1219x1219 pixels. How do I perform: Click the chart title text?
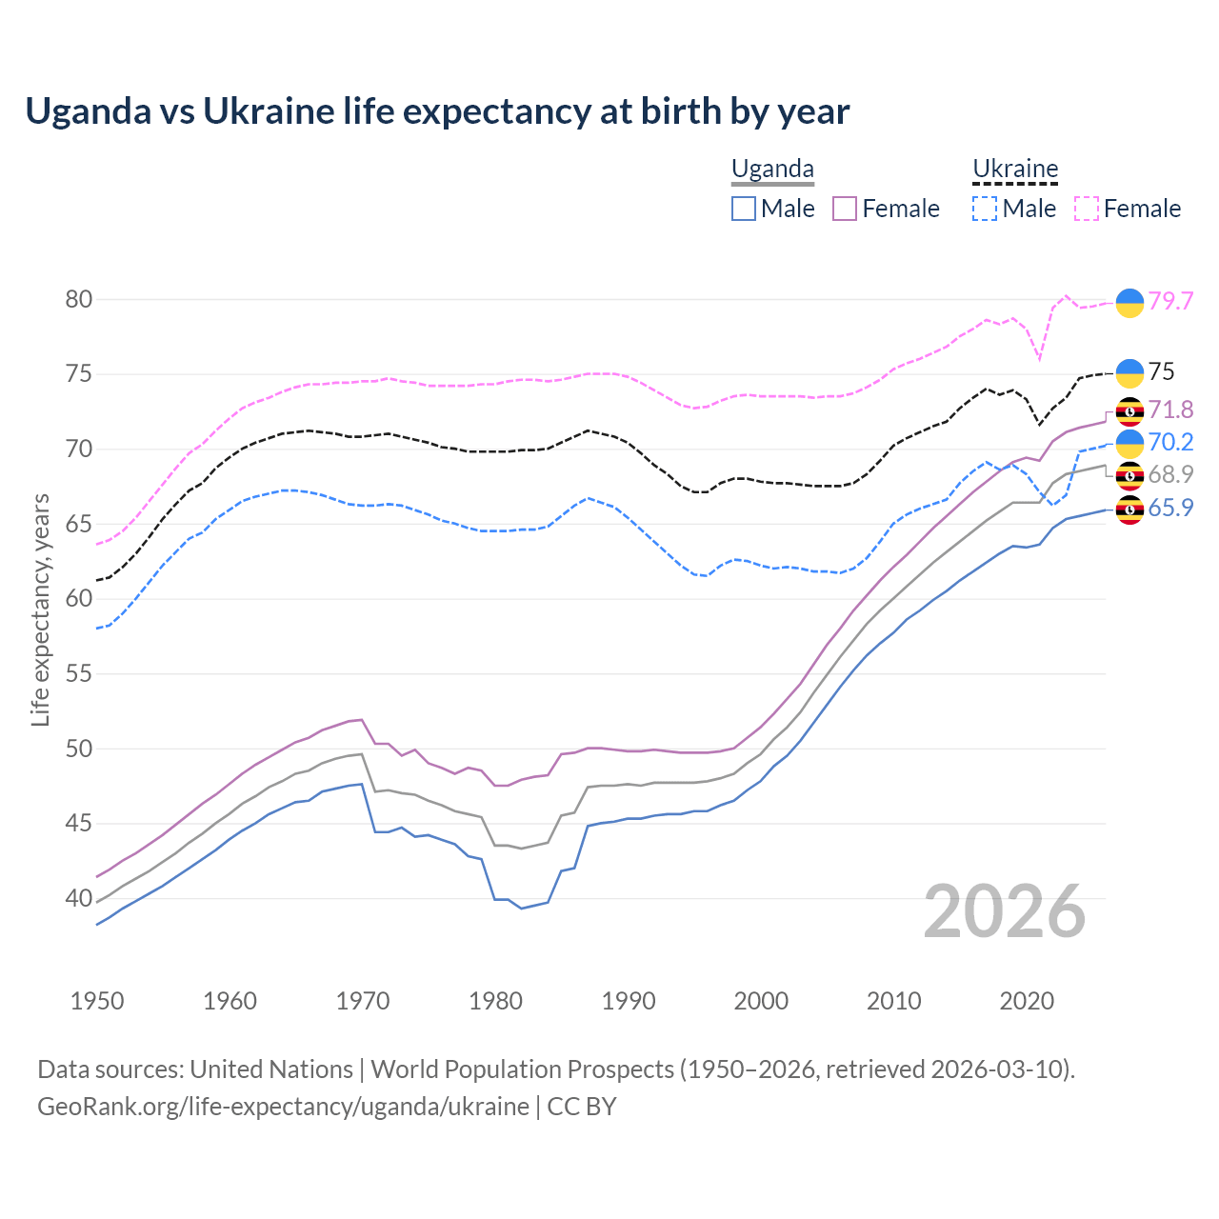(x=437, y=111)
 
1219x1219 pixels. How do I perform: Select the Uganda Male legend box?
(x=744, y=209)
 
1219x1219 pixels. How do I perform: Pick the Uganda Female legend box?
(x=845, y=209)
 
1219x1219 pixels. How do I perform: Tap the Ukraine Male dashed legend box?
(x=985, y=209)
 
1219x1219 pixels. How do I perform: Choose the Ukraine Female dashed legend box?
(x=1087, y=209)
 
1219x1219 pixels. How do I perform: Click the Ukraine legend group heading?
(x=1015, y=170)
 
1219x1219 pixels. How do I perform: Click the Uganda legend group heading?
(x=772, y=170)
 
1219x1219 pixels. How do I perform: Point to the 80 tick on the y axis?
(x=79, y=299)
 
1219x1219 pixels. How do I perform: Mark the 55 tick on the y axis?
(x=79, y=674)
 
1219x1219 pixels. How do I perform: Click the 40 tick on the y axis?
(x=79, y=898)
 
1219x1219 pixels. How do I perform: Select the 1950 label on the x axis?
(x=97, y=1001)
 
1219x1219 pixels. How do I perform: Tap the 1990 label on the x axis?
(x=629, y=1001)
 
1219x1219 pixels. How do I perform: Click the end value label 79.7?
(x=1170, y=301)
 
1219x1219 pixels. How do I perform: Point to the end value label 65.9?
(x=1170, y=509)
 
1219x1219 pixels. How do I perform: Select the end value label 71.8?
(x=1170, y=410)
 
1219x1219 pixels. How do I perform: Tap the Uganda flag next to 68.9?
(x=1129, y=475)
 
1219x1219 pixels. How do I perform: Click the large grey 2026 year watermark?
(x=1005, y=911)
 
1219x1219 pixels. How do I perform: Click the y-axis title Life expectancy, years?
(x=41, y=609)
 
